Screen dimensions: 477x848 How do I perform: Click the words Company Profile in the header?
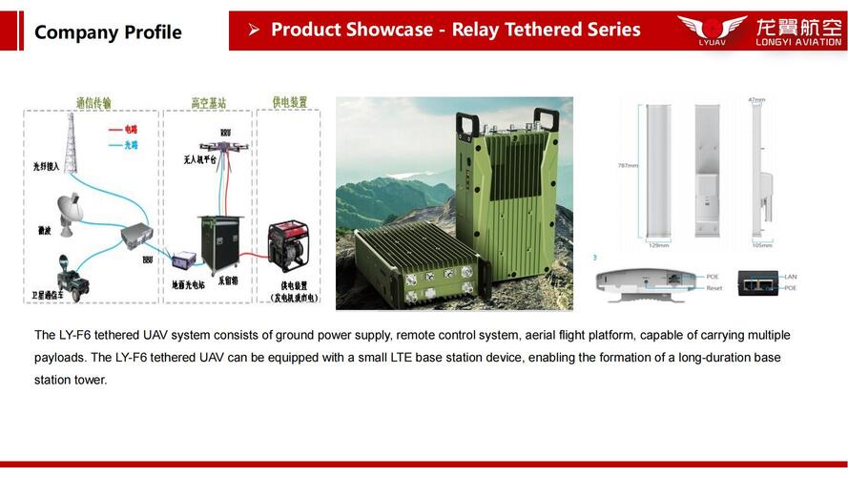pyautogui.click(x=108, y=32)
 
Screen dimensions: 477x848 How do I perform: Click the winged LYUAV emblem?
pyautogui.click(x=712, y=27)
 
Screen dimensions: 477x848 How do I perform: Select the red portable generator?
pyautogui.click(x=288, y=245)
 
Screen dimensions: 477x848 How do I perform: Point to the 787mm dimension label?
pyautogui.click(x=627, y=165)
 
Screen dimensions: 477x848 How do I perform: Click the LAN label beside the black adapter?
pyautogui.click(x=791, y=277)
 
